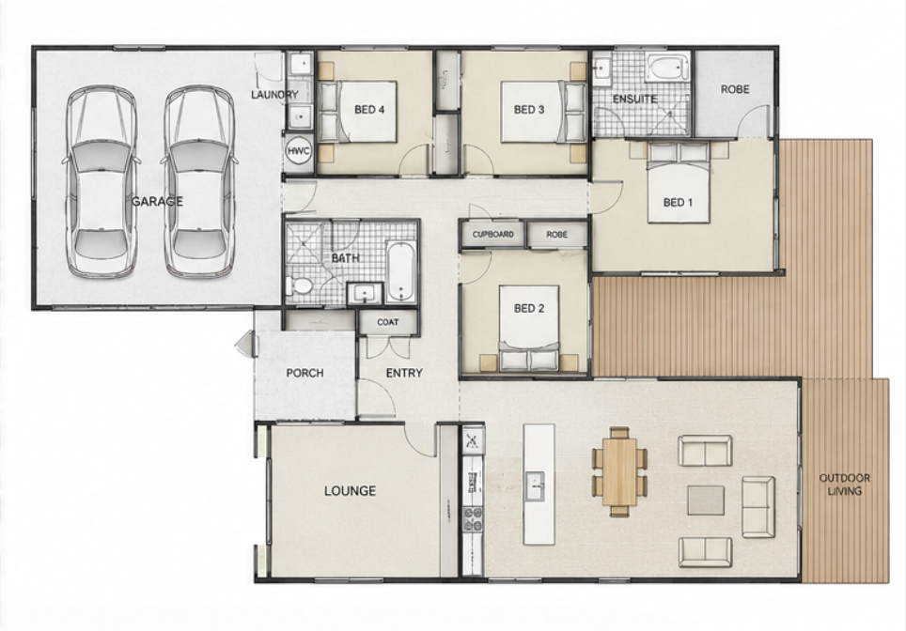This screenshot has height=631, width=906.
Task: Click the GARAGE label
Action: [157, 202]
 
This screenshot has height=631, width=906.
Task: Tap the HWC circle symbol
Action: [299, 152]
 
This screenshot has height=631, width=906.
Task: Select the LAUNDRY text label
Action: [275, 95]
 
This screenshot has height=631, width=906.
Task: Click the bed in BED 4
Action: [358, 112]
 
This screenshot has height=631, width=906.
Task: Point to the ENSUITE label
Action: [635, 100]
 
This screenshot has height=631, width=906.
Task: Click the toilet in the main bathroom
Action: [299, 286]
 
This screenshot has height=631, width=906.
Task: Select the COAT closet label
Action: [388, 322]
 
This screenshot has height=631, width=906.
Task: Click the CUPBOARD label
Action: [492, 235]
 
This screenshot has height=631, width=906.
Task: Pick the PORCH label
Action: [305, 374]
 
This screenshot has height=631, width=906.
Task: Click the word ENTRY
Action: [404, 374]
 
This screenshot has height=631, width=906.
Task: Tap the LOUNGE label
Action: [350, 491]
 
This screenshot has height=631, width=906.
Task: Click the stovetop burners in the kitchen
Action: [474, 518]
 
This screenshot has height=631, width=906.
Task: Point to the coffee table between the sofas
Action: [706, 500]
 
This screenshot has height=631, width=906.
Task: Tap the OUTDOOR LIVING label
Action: [844, 485]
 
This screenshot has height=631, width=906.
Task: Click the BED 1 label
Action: [678, 203]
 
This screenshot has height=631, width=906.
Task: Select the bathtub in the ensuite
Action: [667, 68]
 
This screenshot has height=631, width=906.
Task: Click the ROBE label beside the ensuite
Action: [735, 89]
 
